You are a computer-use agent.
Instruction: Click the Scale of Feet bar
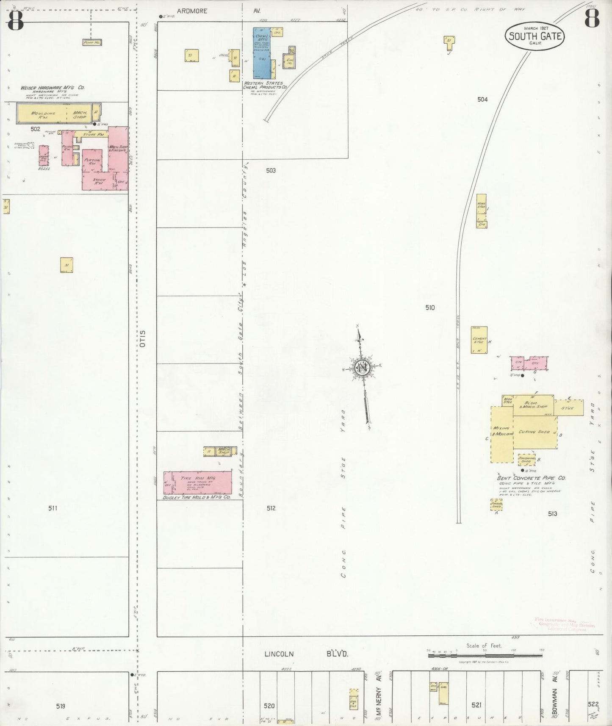485,655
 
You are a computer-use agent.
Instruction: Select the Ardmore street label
192,11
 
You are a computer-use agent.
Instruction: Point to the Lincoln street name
279,654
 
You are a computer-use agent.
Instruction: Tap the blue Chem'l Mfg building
261,53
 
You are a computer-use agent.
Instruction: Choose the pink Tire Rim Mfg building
198,482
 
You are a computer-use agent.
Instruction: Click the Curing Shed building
534,432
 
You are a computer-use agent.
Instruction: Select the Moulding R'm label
43,114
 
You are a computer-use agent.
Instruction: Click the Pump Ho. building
92,42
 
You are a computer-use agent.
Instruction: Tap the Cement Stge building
479,340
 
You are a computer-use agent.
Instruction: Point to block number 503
271,170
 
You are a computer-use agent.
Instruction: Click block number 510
430,308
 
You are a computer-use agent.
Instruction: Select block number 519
61,706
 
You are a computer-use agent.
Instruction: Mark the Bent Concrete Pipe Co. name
531,478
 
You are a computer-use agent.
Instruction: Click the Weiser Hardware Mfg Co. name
53,88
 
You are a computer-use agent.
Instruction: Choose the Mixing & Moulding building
502,434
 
